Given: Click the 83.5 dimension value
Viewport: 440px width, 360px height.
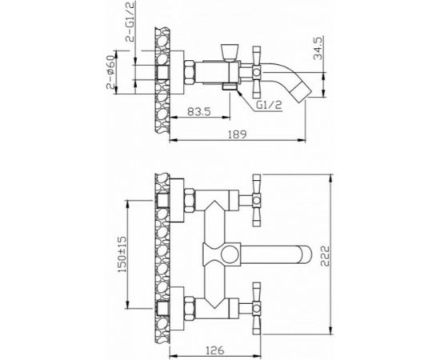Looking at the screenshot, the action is (x=199, y=112).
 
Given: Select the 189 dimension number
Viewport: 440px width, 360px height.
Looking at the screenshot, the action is (x=237, y=134).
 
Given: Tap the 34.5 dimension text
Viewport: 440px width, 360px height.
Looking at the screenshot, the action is (x=318, y=48).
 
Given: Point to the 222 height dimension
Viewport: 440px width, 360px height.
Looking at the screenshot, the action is (x=324, y=256).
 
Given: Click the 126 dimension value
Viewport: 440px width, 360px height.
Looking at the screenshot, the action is (x=215, y=350).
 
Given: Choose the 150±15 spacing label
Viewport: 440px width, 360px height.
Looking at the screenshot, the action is (x=122, y=254).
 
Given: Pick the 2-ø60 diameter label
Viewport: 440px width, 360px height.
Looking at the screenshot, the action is (x=111, y=72).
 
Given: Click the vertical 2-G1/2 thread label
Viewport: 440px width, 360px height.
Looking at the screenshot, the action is (x=130, y=22).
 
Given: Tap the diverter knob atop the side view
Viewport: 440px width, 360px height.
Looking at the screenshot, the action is (x=230, y=53).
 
